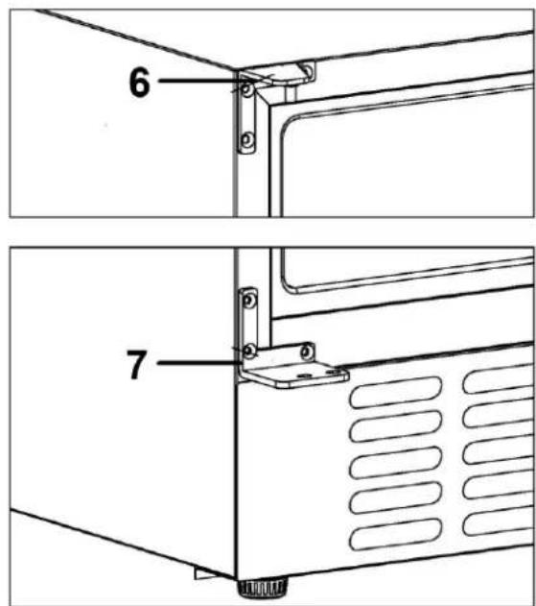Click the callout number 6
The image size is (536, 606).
point(139,82)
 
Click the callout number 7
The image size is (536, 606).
point(136,364)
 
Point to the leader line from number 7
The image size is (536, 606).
point(198,362)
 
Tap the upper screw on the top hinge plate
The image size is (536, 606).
point(247,89)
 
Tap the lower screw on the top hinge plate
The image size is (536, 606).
point(247,138)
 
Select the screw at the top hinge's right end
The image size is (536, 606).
point(307,70)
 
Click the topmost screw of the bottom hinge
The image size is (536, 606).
point(250,301)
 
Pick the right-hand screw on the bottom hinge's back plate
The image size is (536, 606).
point(307,351)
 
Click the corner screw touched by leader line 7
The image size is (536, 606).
point(250,351)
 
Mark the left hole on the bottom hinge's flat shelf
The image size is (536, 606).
point(304,375)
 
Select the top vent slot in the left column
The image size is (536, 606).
point(396,392)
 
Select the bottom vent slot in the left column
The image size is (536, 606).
point(396,535)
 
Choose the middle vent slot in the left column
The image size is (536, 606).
point(396,463)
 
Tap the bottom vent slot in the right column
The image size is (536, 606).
point(499,521)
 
